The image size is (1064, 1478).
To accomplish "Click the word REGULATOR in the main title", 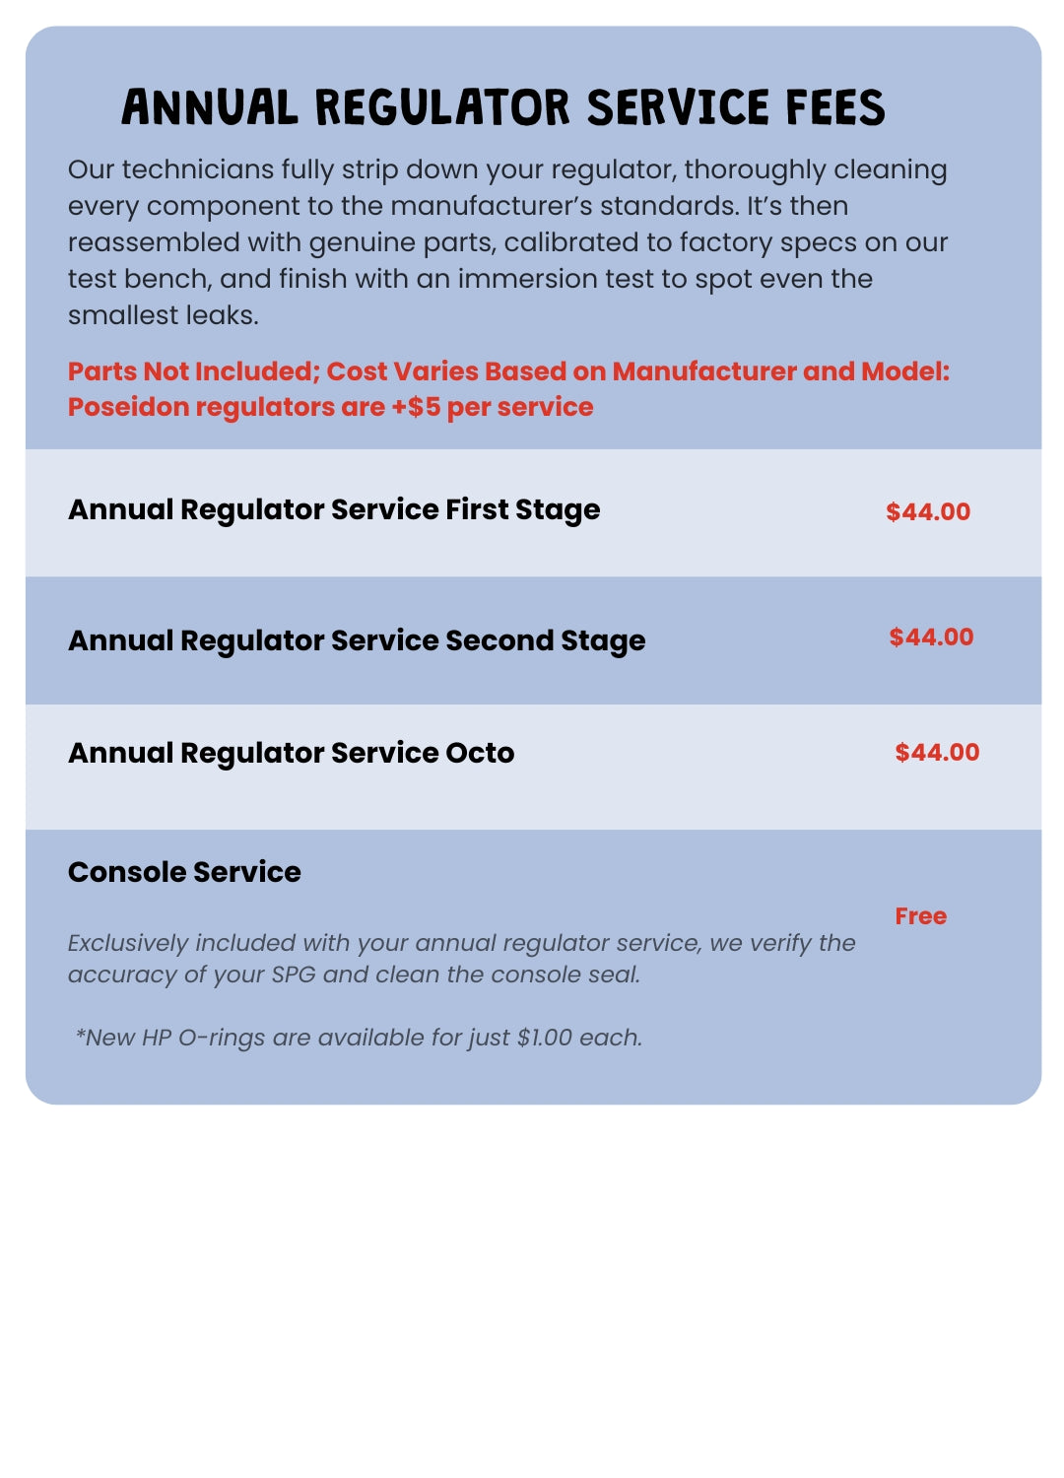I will click(442, 107).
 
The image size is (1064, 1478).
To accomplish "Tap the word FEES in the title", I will click(835, 107).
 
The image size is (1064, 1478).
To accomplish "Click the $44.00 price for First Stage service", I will click(928, 511).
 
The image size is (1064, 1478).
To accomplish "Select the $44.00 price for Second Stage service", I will click(931, 637).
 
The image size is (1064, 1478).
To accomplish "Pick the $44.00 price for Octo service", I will click(937, 752).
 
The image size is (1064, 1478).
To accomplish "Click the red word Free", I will click(920, 916).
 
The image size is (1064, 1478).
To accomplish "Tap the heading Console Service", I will click(184, 872).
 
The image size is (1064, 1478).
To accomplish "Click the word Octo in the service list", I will click(480, 753).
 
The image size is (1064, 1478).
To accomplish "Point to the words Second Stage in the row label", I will click(545, 641).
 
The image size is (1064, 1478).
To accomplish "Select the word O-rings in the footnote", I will click(222, 1038).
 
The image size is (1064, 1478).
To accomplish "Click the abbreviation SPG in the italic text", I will click(293, 974).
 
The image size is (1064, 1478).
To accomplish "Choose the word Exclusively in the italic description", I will click(127, 943).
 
